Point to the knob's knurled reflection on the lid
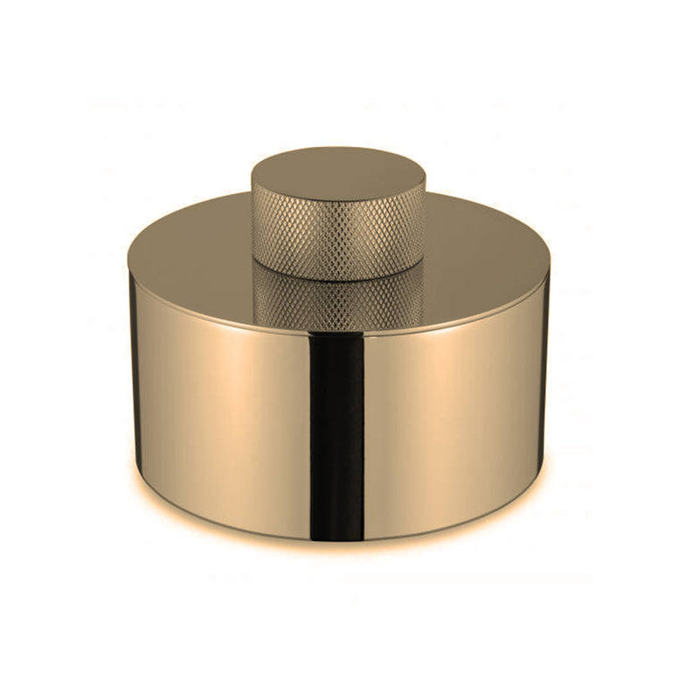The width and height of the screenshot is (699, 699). [338, 301]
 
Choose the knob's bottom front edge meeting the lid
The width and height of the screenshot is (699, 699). [338, 280]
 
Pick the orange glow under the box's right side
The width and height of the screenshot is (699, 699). [507, 516]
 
